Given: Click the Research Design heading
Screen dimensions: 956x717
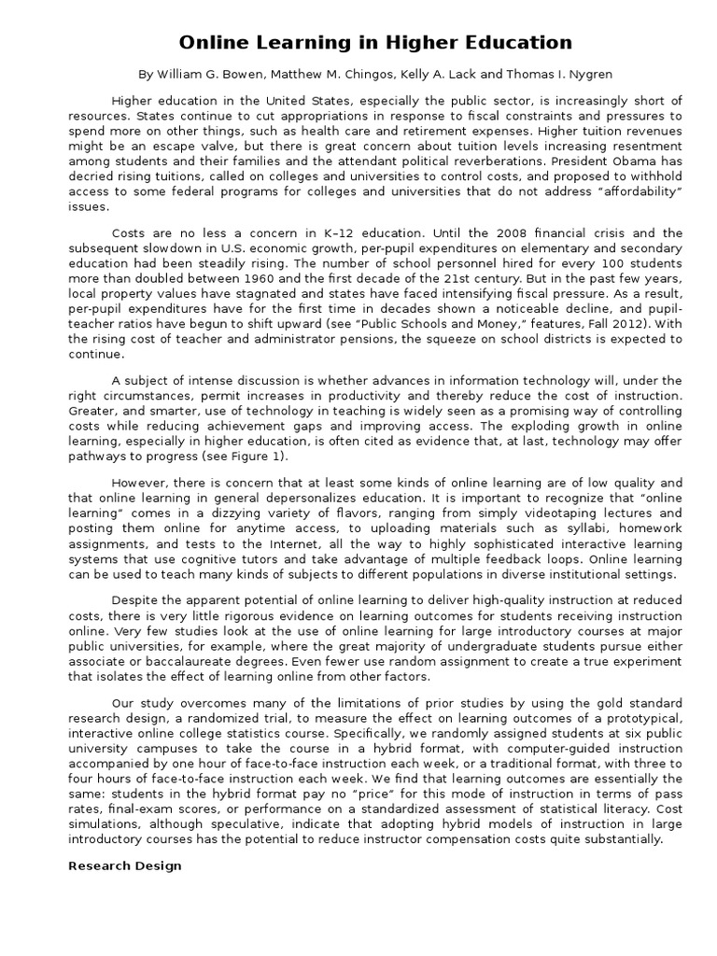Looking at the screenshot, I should coord(124,865).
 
